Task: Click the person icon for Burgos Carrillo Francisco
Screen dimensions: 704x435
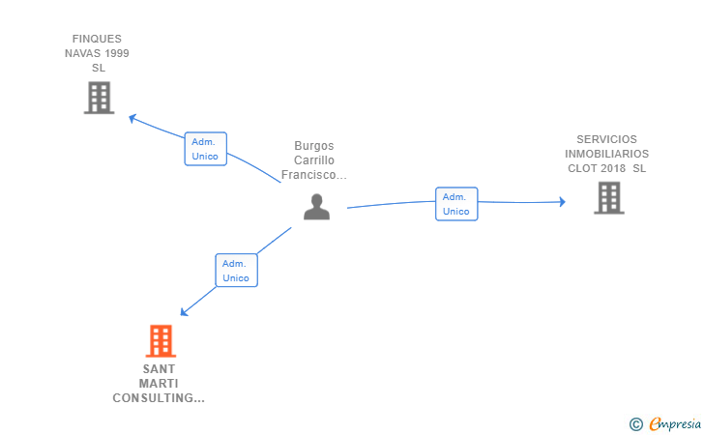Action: coord(316,207)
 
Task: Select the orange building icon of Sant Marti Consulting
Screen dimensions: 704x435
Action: coord(161,341)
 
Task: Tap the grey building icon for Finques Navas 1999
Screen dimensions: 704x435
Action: coord(99,98)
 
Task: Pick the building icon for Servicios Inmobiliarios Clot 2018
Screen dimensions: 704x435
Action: coord(608,197)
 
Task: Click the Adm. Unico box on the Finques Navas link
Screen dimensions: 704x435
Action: coord(205,149)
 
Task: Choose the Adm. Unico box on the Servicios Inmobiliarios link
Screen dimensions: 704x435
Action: coord(456,204)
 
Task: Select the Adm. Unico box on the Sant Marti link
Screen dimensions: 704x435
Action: coord(236,271)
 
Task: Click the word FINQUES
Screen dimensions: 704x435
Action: coord(97,39)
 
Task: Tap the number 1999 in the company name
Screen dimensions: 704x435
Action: coord(113,53)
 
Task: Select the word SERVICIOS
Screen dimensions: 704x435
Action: coord(607,139)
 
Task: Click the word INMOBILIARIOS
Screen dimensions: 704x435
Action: coord(607,154)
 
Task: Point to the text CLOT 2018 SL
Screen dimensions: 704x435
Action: coord(606,168)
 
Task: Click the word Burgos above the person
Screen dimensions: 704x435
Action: coord(313,146)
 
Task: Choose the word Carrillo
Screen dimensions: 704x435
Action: coord(313,160)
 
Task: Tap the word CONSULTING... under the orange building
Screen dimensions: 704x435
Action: coord(159,398)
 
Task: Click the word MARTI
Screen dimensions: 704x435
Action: coord(160,384)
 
